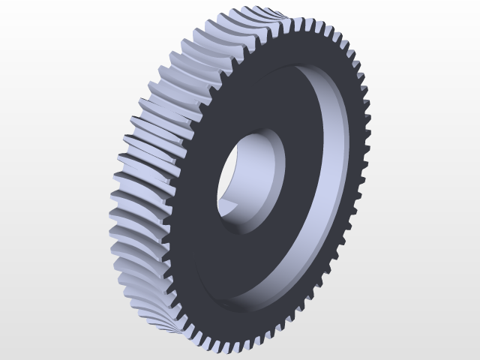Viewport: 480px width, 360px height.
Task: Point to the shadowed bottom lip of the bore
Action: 251,229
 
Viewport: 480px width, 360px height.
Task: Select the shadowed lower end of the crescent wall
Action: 240,300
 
